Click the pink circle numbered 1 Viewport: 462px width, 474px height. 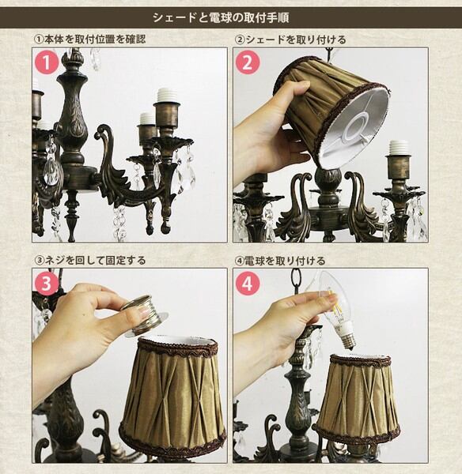click(47, 63)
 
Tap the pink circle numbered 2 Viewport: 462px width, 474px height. click(248, 63)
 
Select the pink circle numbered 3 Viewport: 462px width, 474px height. click(46, 284)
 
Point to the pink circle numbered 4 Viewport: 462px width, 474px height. click(248, 284)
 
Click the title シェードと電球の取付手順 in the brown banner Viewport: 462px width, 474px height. click(221, 17)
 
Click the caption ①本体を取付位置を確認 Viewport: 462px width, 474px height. click(89, 39)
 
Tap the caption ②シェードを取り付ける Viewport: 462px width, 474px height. click(290, 39)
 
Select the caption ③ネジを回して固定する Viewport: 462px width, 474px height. click(90, 260)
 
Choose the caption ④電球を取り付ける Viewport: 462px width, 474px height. click(280, 261)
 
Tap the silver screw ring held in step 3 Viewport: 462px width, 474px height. click(143, 315)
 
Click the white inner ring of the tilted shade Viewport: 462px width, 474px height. click(356, 129)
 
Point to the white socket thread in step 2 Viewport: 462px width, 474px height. click(398, 149)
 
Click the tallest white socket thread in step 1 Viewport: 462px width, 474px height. click(166, 96)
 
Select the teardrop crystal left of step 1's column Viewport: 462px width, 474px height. click(51, 168)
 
